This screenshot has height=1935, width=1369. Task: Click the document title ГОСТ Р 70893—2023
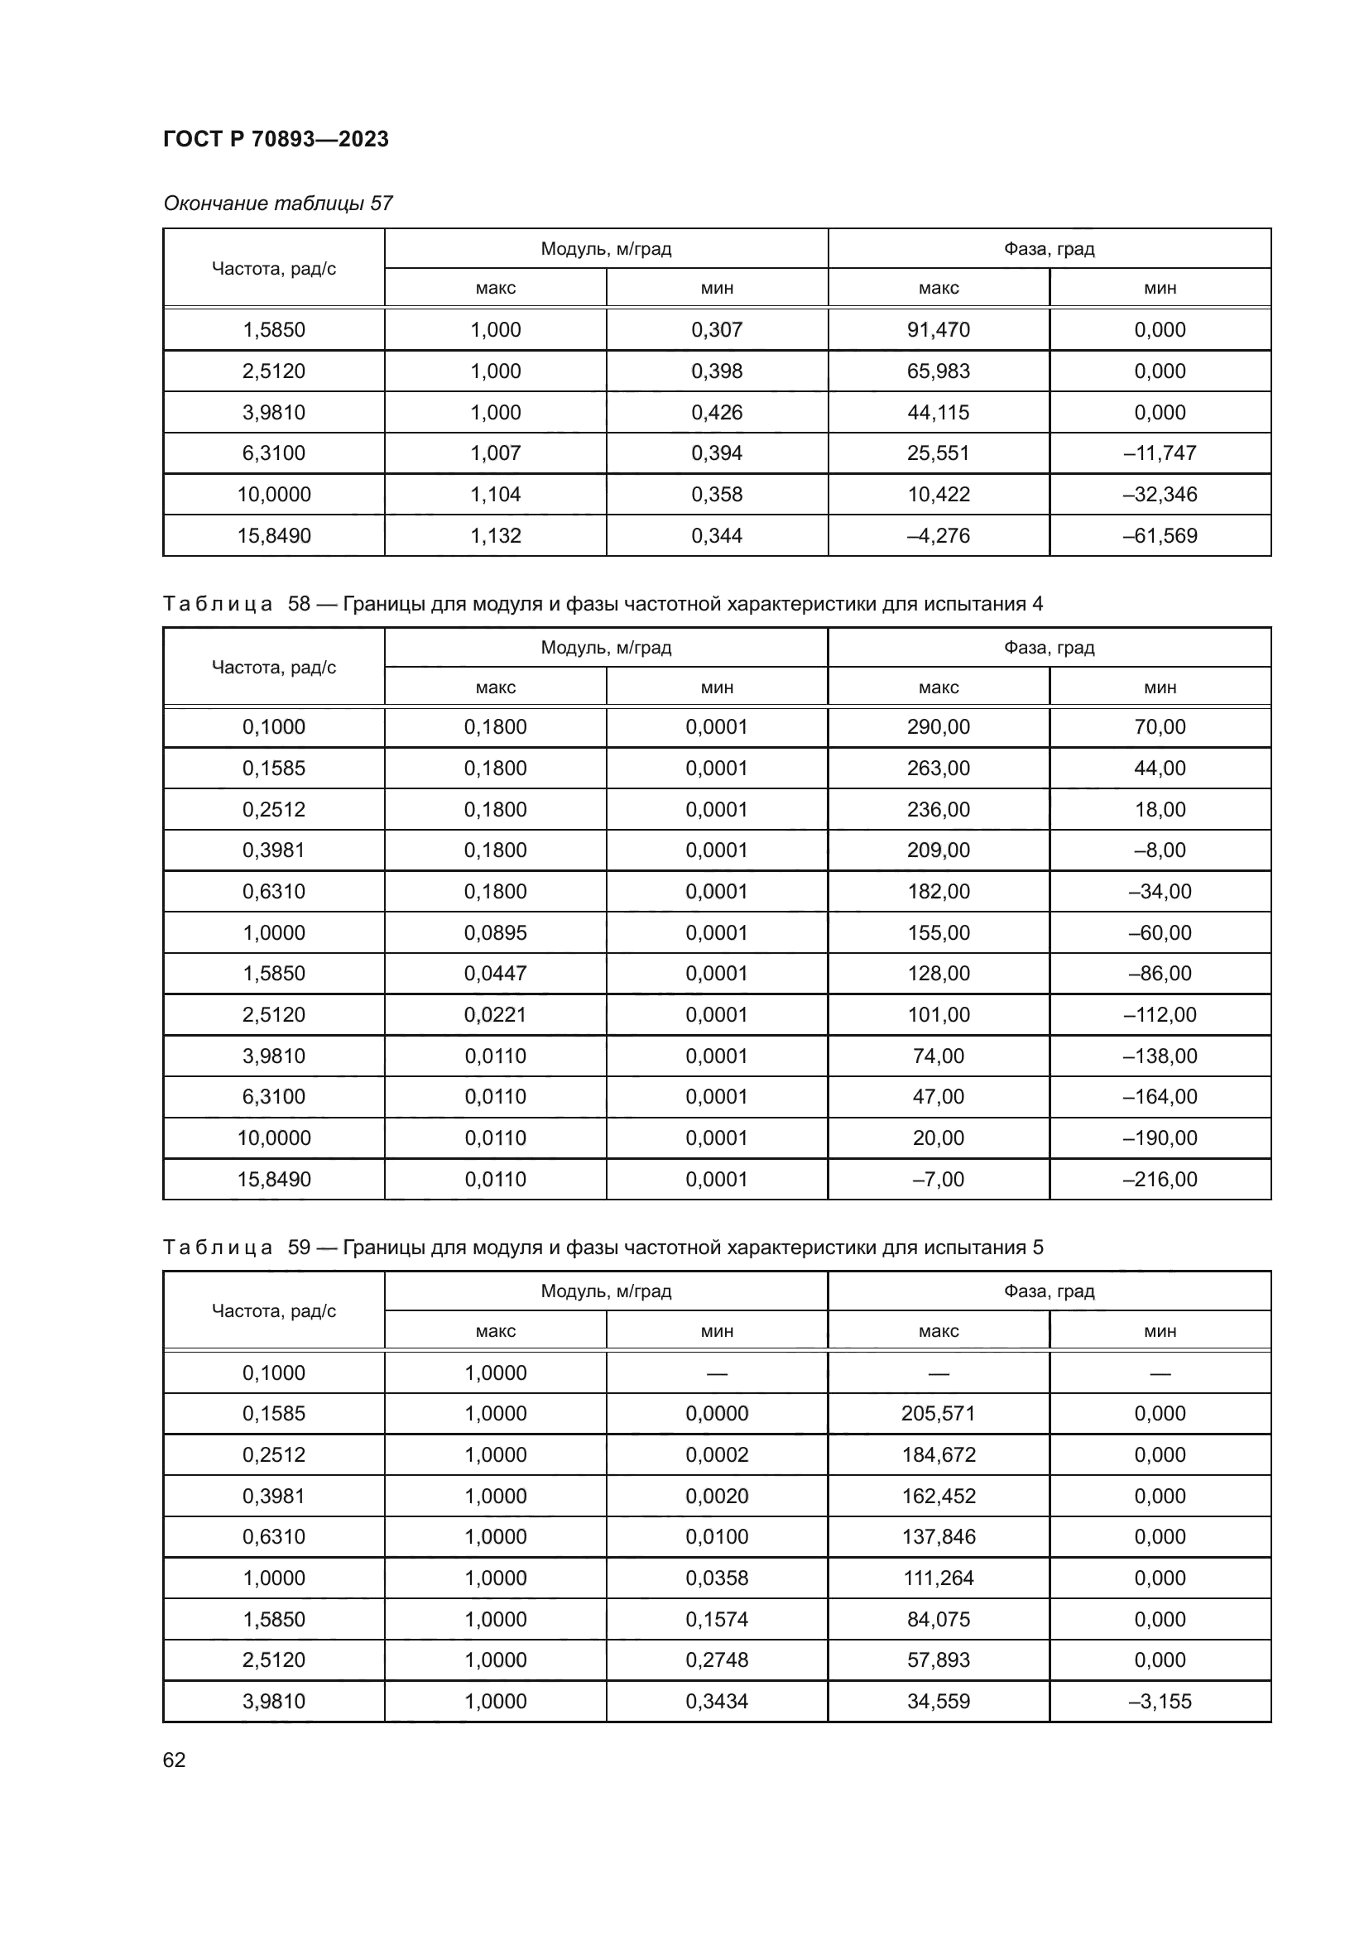(x=276, y=139)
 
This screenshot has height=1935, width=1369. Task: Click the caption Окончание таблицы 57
(x=277, y=204)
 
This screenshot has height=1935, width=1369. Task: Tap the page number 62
(x=175, y=1760)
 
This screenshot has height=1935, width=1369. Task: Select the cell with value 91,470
(x=939, y=329)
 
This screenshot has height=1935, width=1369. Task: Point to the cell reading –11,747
(x=1160, y=453)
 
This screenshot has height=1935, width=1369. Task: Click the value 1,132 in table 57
(x=496, y=536)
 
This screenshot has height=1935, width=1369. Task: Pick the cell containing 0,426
(x=717, y=413)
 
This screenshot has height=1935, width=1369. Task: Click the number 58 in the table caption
(x=300, y=603)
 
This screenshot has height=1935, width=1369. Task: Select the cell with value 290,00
(x=939, y=726)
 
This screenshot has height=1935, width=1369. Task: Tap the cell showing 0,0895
(x=496, y=933)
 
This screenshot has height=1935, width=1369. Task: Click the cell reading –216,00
(x=1160, y=1179)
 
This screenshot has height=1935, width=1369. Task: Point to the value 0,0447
(x=496, y=974)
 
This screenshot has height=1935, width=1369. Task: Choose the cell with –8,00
(x=1160, y=850)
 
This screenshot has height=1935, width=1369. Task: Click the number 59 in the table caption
(x=300, y=1248)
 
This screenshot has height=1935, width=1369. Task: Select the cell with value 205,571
(x=939, y=1413)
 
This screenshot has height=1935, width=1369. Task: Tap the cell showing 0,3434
(x=717, y=1701)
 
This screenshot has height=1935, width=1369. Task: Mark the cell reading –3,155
(x=1160, y=1701)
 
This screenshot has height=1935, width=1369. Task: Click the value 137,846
(x=939, y=1536)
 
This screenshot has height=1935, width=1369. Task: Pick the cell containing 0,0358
(x=717, y=1578)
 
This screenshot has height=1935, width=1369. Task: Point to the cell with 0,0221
(x=496, y=1015)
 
